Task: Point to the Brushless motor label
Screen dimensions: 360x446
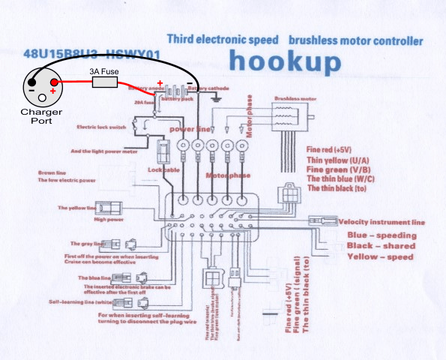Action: (295, 98)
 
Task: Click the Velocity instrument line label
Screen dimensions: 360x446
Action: (382, 222)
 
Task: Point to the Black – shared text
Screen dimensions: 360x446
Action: (382, 246)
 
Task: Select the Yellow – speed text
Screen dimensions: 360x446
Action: (380, 256)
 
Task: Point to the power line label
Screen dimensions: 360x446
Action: (187, 130)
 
